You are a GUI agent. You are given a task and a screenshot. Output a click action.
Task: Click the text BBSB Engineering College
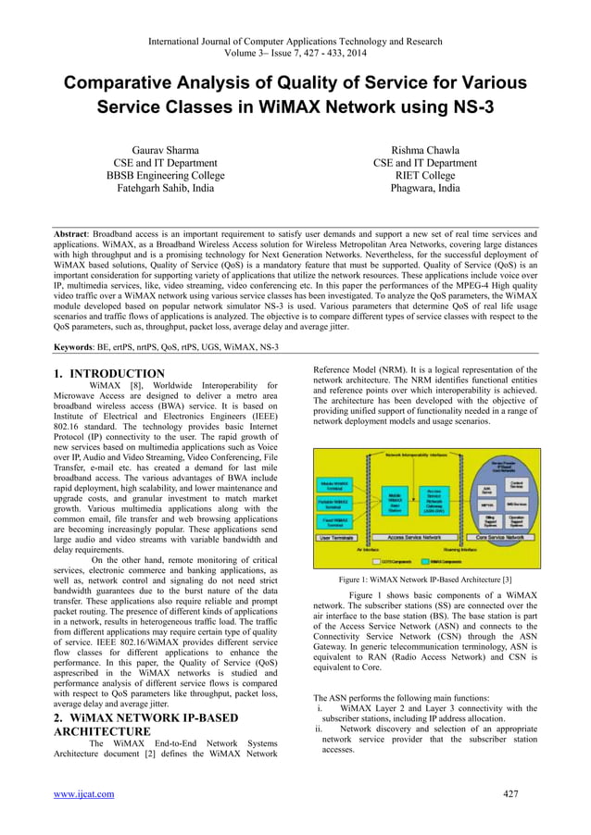tap(163, 175)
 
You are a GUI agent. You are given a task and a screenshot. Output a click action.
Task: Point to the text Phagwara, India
tap(424, 188)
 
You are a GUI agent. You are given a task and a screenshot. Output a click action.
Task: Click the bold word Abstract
tap(73, 236)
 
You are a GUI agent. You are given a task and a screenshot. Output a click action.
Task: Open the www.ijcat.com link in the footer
tap(84, 793)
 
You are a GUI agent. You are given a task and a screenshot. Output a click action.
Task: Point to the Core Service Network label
tap(500, 536)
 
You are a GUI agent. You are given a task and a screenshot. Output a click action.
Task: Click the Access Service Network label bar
tap(414, 536)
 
